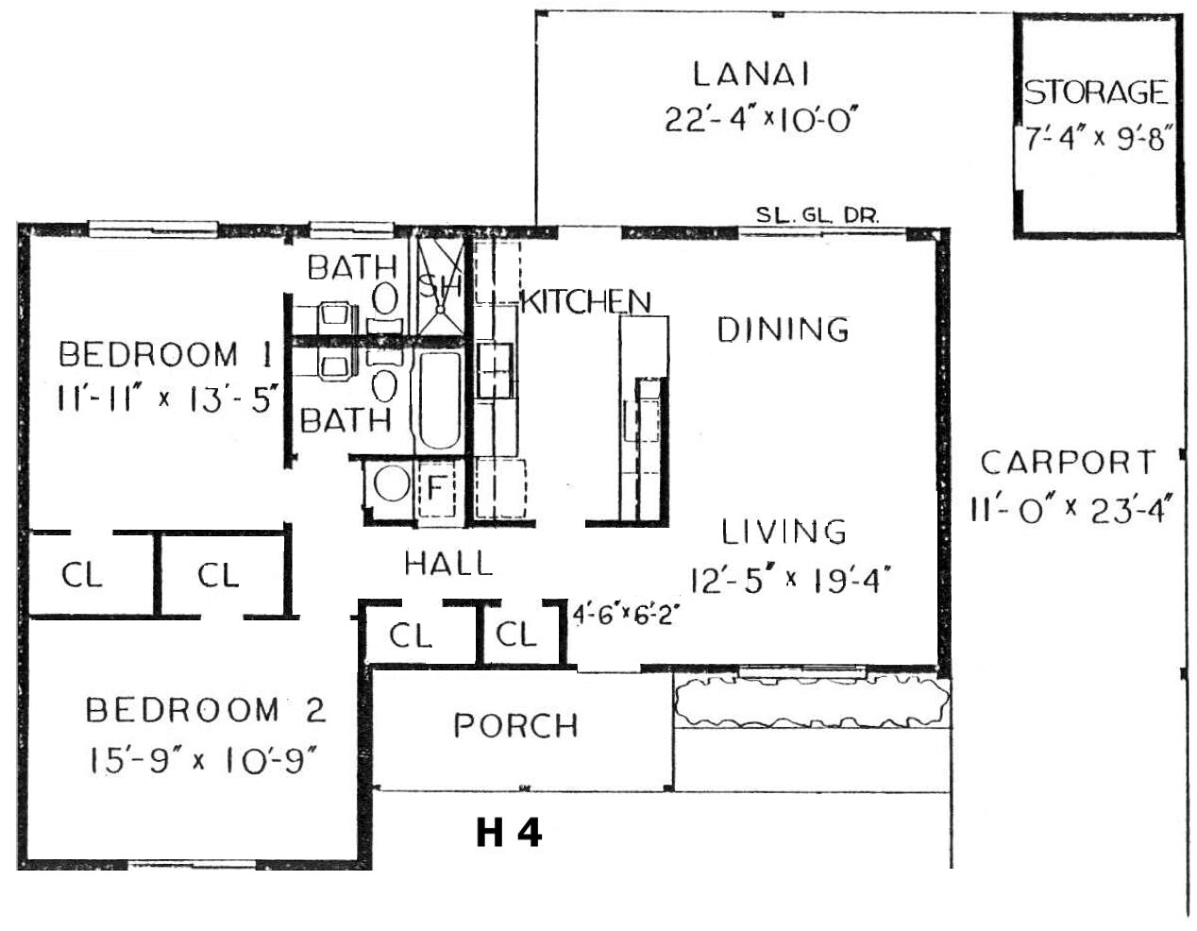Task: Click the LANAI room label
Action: click(x=751, y=75)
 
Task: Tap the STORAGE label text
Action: click(x=1095, y=92)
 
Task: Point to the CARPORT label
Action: click(x=1068, y=463)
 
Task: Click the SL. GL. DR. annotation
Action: click(x=818, y=215)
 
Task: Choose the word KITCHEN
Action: click(x=586, y=301)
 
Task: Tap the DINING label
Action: click(x=783, y=330)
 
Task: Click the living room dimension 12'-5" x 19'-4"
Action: click(x=790, y=580)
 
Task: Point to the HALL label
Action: click(x=448, y=564)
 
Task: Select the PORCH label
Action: click(x=515, y=725)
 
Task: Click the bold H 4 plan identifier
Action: click(x=509, y=834)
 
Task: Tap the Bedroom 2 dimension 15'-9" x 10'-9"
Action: click(x=204, y=763)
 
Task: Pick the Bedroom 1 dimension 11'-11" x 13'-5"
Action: click(x=166, y=398)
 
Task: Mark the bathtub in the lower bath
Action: click(x=439, y=400)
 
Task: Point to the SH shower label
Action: click(x=439, y=286)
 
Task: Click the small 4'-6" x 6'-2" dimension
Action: click(x=624, y=616)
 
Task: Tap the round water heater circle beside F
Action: click(x=391, y=483)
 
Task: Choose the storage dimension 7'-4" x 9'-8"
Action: click(x=1095, y=138)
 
